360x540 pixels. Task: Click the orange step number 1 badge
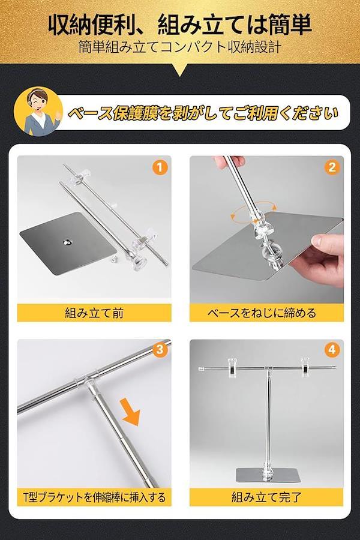point(159,168)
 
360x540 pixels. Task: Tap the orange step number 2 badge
point(332,168)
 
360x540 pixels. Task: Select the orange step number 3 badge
point(159,350)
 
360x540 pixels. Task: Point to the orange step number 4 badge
point(332,350)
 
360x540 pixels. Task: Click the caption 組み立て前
point(94,313)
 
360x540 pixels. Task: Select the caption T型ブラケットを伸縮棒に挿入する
point(94,497)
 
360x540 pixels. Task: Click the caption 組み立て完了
point(266,497)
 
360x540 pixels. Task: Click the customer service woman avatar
point(38,111)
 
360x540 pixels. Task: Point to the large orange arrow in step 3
point(131,412)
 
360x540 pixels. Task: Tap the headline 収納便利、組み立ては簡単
point(180,25)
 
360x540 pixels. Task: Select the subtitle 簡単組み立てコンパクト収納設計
point(180,47)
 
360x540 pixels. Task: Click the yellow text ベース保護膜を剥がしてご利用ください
point(203,113)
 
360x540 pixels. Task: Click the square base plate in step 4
point(266,475)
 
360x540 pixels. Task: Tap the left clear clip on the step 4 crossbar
point(233,367)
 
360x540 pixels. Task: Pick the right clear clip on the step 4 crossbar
point(305,367)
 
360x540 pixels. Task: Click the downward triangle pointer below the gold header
point(180,70)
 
